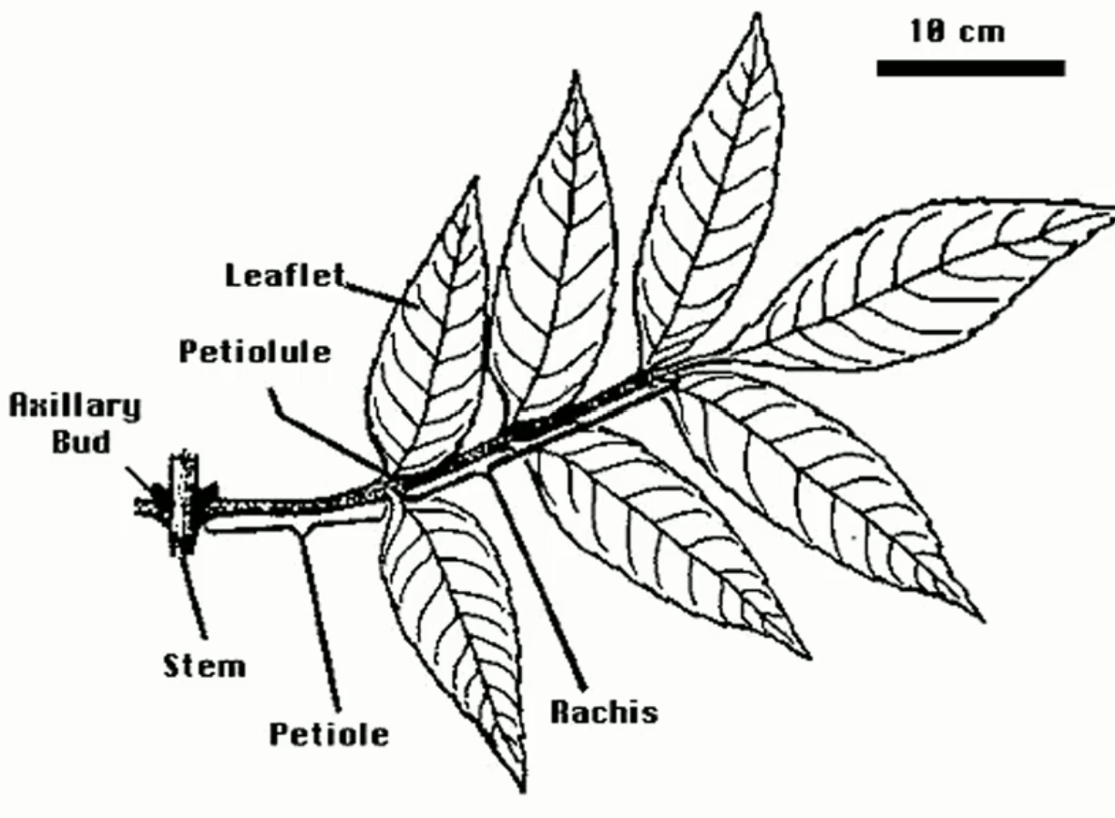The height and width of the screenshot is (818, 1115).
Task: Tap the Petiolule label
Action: pyautogui.click(x=254, y=352)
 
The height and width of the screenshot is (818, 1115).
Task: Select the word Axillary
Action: pyautogui.click(x=75, y=406)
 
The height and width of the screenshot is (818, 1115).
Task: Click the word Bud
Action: pyautogui.click(x=81, y=443)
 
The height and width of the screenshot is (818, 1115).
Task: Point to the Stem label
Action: pyautogui.click(x=204, y=666)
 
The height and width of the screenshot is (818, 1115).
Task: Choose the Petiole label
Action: pyautogui.click(x=328, y=733)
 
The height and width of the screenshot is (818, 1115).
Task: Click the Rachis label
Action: pyautogui.click(x=603, y=711)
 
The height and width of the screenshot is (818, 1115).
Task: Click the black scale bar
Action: pyautogui.click(x=970, y=68)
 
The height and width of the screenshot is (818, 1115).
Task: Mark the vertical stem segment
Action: pyautogui.click(x=184, y=501)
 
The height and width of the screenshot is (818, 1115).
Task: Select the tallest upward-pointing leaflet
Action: pyautogui.click(x=715, y=200)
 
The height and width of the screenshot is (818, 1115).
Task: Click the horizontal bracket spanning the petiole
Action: pyautogui.click(x=292, y=526)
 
